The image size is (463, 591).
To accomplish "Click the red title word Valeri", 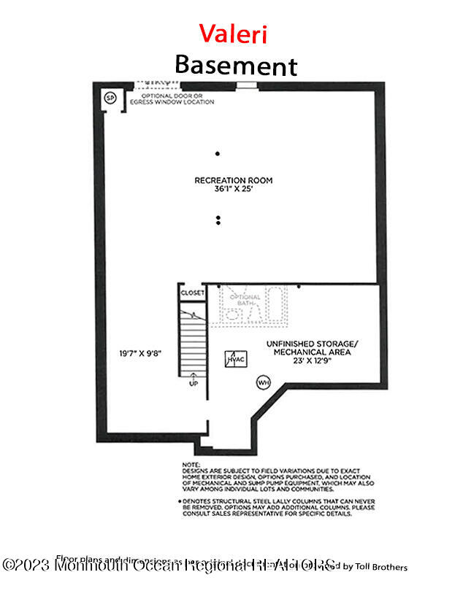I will pyautogui.click(x=234, y=34).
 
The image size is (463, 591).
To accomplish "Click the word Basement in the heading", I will pyautogui.click(x=235, y=65).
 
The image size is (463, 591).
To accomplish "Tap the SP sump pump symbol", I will pyautogui.click(x=111, y=97).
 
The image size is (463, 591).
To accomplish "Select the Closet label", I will pyautogui.click(x=193, y=293).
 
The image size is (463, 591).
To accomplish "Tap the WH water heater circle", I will pyautogui.click(x=263, y=382).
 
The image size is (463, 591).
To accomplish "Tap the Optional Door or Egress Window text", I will pyautogui.click(x=172, y=99).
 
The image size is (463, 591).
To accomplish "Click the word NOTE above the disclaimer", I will pyautogui.click(x=189, y=464).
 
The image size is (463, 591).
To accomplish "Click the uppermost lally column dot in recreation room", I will pyautogui.click(x=218, y=153).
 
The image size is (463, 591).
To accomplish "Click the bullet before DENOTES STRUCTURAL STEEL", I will pyautogui.click(x=180, y=502).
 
